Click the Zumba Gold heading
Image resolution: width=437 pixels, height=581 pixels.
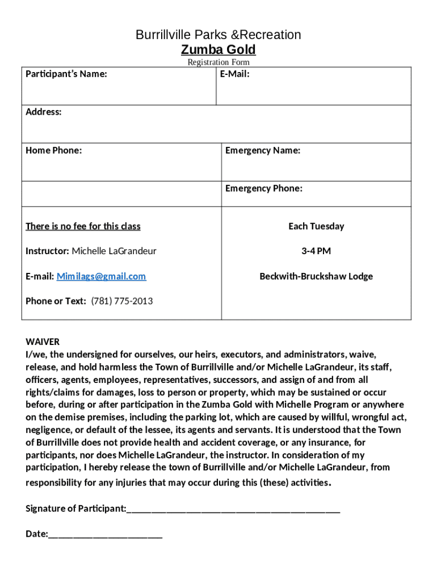tap(218, 49)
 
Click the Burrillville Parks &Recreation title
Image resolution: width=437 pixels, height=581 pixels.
tap(218, 35)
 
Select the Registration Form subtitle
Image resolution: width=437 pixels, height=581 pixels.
tap(218, 62)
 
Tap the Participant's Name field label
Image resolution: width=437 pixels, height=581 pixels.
tap(66, 74)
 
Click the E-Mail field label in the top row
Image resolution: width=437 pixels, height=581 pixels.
tap(235, 74)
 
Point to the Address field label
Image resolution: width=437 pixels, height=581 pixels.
tap(44, 112)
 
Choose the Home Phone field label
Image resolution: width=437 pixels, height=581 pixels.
tap(53, 150)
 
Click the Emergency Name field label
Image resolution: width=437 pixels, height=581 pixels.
tap(263, 150)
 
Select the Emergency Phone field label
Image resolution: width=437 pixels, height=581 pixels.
tap(264, 188)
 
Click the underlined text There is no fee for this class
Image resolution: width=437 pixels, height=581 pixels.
tap(83, 226)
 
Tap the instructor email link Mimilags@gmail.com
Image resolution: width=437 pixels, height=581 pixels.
tap(101, 276)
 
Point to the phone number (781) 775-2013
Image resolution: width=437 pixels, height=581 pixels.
tap(122, 301)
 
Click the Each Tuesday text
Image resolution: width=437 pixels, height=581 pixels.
tap(316, 226)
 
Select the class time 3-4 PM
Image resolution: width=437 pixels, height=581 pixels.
tap(316, 251)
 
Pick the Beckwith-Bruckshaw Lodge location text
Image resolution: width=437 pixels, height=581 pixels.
tap(316, 276)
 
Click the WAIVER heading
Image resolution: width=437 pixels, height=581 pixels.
tap(43, 342)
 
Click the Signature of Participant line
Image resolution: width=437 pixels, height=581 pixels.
tap(233, 510)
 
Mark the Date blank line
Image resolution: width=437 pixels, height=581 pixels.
tap(106, 534)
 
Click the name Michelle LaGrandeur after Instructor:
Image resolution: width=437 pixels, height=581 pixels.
tap(114, 251)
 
